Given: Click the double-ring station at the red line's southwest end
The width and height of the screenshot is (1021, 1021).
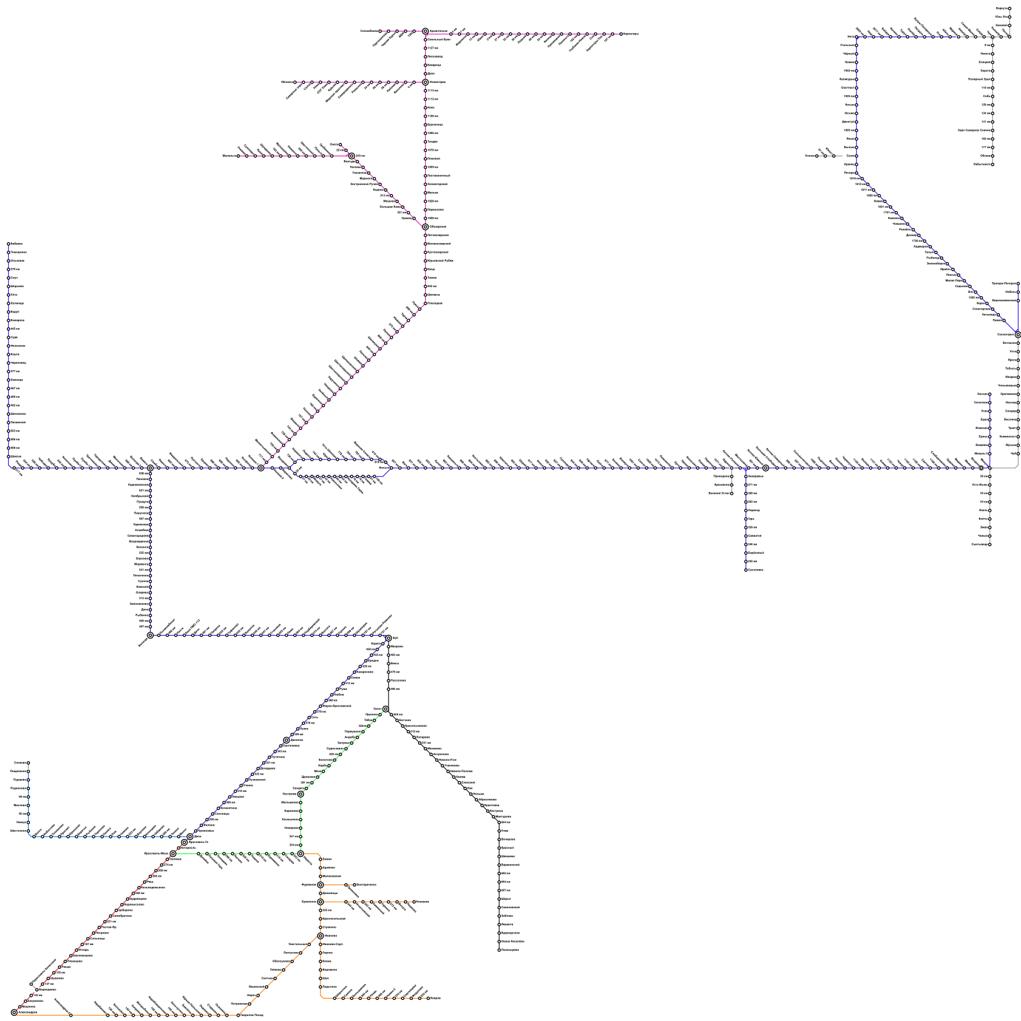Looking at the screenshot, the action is tap(14, 1012).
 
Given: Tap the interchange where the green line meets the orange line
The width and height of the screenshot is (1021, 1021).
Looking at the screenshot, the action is tap(301, 853).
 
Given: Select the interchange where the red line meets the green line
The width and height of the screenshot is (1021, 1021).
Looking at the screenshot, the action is tap(173, 853).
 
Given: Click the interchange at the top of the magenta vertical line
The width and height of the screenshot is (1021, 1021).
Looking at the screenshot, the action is tap(425, 31).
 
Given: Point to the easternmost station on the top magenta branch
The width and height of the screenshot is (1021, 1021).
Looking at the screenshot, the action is tap(620, 34).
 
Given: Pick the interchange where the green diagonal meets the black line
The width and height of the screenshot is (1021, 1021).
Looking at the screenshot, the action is tap(385, 709).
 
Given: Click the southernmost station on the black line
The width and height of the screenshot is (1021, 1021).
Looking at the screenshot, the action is tap(499, 950).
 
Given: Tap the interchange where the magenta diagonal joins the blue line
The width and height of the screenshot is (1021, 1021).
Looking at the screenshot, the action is tap(260, 468).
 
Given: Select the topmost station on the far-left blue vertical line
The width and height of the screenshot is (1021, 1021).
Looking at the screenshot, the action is tap(8, 244).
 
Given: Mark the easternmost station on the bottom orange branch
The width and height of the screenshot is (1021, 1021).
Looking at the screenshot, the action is tap(428, 998).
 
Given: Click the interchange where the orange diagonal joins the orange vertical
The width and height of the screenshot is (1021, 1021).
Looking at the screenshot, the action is tap(320, 936).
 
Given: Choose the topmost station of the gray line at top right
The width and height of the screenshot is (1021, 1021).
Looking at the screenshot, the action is tap(1010, 8).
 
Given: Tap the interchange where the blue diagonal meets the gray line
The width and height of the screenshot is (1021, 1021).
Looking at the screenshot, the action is tap(1018, 334).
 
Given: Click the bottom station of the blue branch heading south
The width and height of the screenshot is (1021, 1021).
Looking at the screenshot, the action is tap(746, 570).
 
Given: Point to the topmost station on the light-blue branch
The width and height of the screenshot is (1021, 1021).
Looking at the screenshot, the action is tap(29, 763).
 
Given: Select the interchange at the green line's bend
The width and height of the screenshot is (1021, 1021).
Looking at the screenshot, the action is tap(301, 794).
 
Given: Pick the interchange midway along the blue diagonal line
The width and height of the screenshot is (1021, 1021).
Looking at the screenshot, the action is tap(287, 740).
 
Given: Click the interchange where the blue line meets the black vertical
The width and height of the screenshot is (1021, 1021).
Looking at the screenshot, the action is tap(388, 638).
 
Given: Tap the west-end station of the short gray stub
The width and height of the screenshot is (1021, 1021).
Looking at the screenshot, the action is tap(817, 156).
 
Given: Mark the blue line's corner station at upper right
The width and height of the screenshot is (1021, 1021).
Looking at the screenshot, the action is tap(856, 37).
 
